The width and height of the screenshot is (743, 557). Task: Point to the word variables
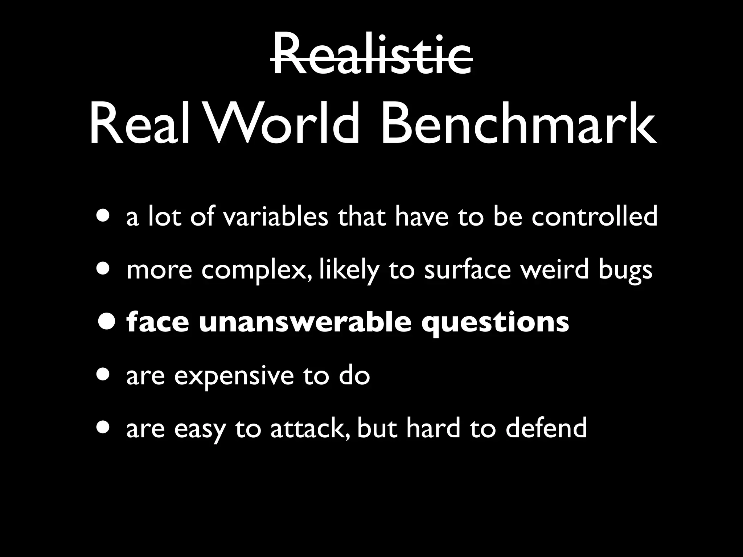[275, 216]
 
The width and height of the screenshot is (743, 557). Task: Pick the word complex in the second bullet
[256, 270]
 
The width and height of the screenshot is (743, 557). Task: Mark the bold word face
[158, 322]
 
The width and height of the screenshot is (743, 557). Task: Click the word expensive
[234, 376]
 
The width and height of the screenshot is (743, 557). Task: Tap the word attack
[310, 428]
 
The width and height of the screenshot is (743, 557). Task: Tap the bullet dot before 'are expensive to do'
[104, 375]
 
